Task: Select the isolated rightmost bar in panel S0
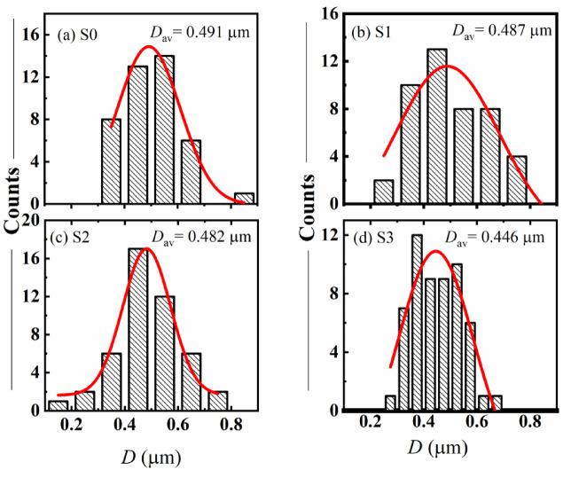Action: [243, 199]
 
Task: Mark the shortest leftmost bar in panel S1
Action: [384, 192]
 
